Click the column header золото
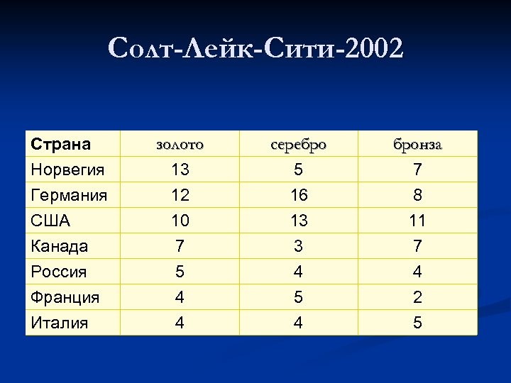coord(180,145)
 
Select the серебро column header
coord(299,145)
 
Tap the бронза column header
coord(417,145)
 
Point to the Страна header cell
coord(60,145)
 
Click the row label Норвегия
coord(67,170)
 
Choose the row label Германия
coord(69,195)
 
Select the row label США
coord(50,221)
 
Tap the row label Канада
coord(60,246)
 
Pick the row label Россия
coord(58,272)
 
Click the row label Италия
coord(60,323)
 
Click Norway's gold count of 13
coord(180,170)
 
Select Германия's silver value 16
coord(299,195)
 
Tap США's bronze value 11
coord(417,221)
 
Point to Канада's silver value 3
coord(299,246)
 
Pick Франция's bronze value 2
coord(417,297)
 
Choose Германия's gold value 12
coord(180,195)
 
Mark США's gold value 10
coord(180,221)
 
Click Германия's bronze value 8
coord(417,195)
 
